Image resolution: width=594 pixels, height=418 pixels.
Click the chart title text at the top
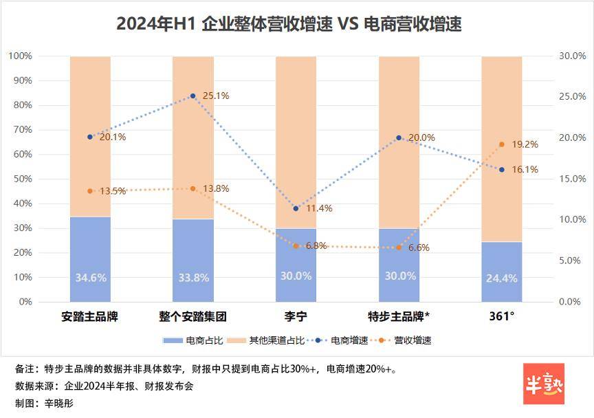click(x=289, y=24)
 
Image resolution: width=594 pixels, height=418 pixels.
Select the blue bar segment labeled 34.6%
click(x=90, y=259)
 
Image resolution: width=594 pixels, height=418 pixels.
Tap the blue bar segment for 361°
click(x=501, y=272)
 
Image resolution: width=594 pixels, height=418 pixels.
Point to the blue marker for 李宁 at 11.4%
click(x=296, y=208)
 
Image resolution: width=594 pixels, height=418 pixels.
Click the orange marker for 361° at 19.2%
click(x=501, y=144)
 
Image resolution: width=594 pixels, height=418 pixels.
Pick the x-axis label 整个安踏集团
click(x=192, y=317)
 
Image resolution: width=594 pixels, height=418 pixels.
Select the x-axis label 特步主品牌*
click(x=399, y=317)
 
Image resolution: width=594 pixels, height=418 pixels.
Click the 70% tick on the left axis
click(x=22, y=129)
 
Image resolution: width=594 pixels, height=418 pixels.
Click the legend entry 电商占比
click(x=183, y=340)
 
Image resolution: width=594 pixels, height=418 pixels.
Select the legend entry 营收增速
click(x=406, y=340)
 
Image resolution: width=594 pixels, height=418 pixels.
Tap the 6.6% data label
click(x=419, y=247)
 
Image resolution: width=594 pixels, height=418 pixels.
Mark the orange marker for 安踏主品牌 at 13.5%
click(x=90, y=191)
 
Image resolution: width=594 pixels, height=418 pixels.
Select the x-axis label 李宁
click(x=296, y=317)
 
